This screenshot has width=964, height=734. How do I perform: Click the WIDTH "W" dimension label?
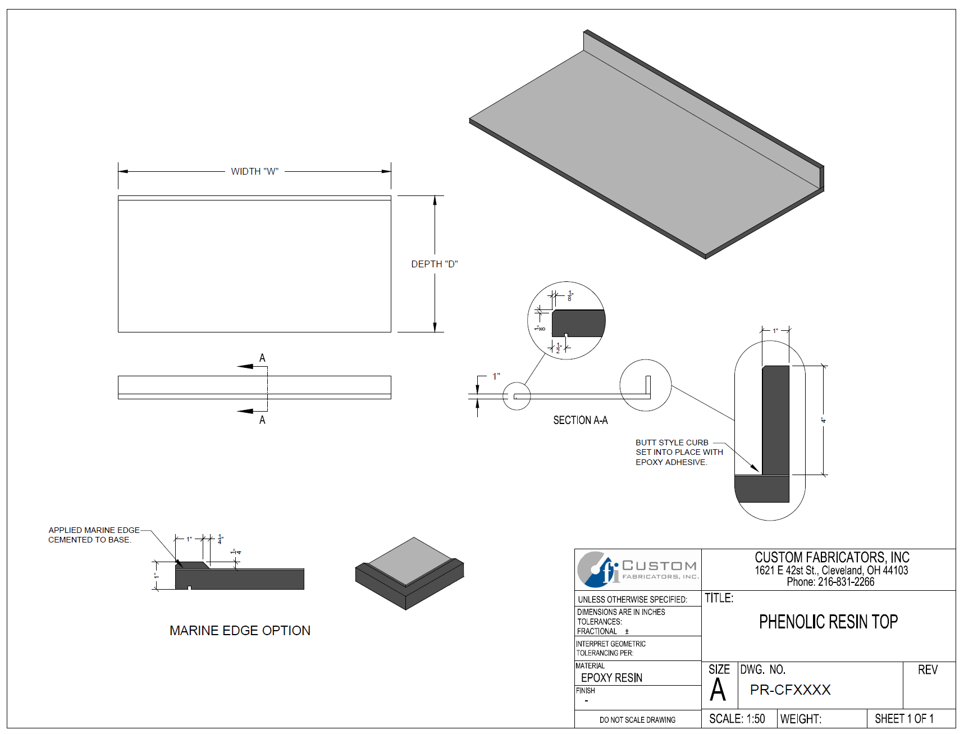point(254,171)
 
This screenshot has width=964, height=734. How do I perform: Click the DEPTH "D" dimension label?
point(434,264)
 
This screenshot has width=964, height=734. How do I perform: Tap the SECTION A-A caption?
point(580,420)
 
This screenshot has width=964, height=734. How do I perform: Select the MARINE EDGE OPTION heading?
point(240,631)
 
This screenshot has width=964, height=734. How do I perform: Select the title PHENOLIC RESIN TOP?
point(828,622)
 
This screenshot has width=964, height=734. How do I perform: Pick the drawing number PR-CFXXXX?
point(790,690)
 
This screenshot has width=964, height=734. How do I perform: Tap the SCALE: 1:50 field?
point(737,719)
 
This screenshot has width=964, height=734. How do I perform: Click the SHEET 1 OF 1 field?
point(904,719)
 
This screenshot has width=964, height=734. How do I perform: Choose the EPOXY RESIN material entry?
point(611,678)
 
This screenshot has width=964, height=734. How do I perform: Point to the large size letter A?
point(718,690)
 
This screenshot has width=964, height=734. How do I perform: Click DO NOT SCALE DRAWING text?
point(637,720)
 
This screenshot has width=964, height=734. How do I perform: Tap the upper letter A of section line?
point(262,358)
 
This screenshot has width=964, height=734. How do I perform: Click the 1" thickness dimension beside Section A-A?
point(496,376)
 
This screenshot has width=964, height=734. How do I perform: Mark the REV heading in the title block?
point(928,669)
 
